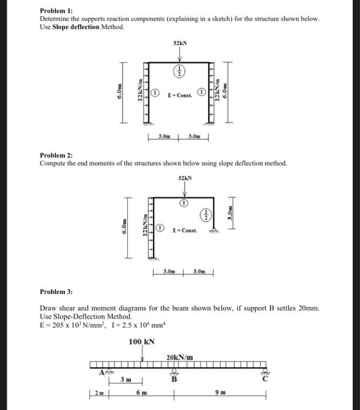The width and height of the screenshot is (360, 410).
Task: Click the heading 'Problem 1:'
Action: [56, 11]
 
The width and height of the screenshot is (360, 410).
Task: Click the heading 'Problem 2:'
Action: [56, 155]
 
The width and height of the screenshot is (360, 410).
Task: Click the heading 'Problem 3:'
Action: [56, 291]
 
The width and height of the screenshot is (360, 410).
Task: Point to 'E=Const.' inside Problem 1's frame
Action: [179, 95]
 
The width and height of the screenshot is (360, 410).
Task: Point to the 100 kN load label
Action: [141, 341]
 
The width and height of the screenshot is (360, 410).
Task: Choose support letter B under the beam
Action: [173, 379]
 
